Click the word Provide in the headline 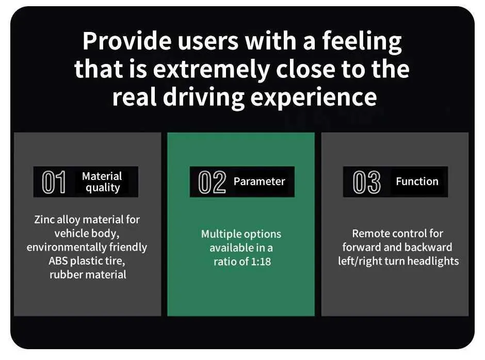(x=127, y=41)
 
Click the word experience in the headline (x=313, y=98)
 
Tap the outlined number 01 (x=54, y=182)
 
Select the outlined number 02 (x=212, y=182)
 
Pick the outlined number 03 (x=367, y=182)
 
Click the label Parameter (x=259, y=182)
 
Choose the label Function (x=417, y=181)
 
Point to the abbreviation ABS (x=58, y=261)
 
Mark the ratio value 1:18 (x=261, y=261)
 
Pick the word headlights (x=433, y=261)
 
